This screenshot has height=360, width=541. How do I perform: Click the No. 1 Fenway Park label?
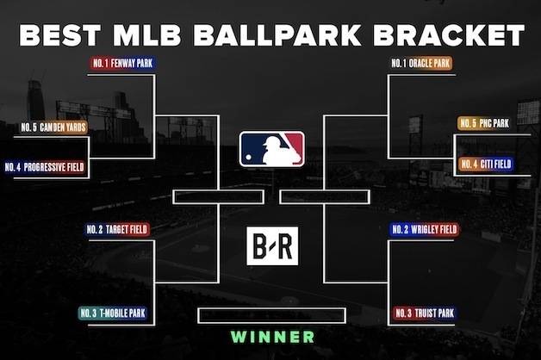122,64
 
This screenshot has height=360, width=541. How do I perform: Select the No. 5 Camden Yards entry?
53,127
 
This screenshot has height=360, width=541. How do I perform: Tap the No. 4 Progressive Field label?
45,167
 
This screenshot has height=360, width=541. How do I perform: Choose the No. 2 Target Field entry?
117,230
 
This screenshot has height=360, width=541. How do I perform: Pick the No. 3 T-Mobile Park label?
113,313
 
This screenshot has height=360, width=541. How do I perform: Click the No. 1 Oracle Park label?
420,64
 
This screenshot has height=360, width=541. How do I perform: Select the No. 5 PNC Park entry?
484,123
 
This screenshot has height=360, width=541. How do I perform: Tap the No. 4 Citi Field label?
486,164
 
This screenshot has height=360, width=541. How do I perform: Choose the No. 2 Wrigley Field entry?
425,230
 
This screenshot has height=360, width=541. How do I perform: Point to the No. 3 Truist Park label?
425,313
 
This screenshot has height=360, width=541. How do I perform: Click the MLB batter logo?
272,149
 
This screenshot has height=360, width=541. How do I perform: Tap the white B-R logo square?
272,245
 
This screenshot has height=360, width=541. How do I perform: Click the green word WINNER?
272,337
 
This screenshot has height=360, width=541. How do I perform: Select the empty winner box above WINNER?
272,315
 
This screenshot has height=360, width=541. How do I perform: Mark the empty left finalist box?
219,197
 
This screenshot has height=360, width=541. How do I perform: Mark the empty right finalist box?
325,197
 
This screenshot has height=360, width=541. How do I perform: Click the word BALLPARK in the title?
277,35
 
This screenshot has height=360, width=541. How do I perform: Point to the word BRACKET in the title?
449,35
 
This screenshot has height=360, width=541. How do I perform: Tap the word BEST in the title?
59,35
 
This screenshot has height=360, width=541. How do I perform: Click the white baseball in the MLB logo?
248,158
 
